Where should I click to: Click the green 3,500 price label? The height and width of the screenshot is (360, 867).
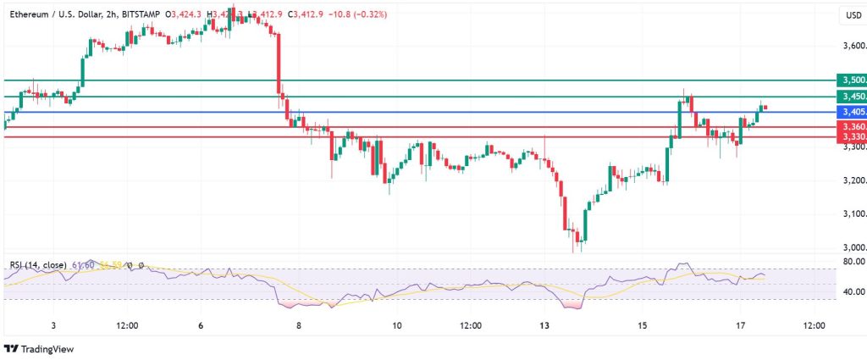coord(850,80)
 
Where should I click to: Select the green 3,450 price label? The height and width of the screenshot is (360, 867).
coord(850,97)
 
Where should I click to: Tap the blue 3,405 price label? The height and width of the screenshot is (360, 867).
coord(850,112)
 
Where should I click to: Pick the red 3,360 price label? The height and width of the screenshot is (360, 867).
coord(850,126)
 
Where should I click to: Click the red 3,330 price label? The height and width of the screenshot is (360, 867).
coord(850,136)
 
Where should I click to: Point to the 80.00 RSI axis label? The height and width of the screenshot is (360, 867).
coord(853,263)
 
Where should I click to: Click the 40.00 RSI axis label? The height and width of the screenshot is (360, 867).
coord(853,291)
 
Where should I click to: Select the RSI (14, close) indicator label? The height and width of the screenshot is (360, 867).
coord(38,265)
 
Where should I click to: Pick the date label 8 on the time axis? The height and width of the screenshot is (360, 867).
coord(298,325)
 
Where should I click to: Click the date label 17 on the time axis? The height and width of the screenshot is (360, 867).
coord(740,325)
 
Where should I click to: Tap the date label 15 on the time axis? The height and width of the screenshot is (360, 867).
coord(643,325)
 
